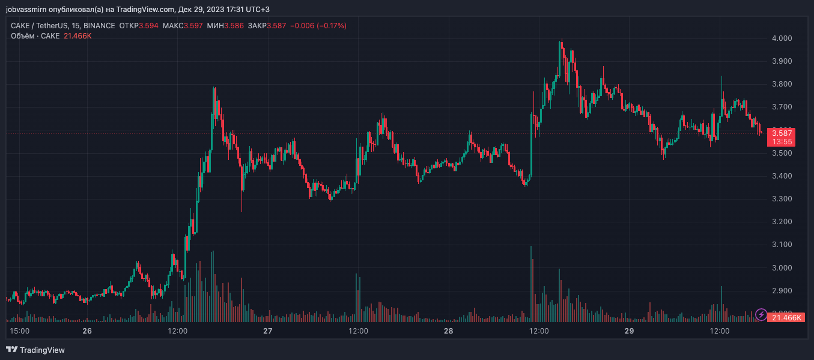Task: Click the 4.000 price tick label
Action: (x=782, y=38)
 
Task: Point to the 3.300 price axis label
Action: (x=782, y=199)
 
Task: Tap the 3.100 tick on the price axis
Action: (x=782, y=245)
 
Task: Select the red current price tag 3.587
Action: (x=782, y=133)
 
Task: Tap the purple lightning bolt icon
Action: (x=761, y=314)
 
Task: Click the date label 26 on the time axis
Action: (x=87, y=331)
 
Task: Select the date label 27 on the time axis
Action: (x=268, y=331)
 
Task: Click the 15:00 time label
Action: (x=20, y=331)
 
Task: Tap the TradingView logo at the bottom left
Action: (x=35, y=350)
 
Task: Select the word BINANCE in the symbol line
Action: (x=100, y=26)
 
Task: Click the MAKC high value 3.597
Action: (x=193, y=26)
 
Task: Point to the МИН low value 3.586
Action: (x=232, y=26)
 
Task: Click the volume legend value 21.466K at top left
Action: (x=77, y=36)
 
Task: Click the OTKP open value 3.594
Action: (x=148, y=26)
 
